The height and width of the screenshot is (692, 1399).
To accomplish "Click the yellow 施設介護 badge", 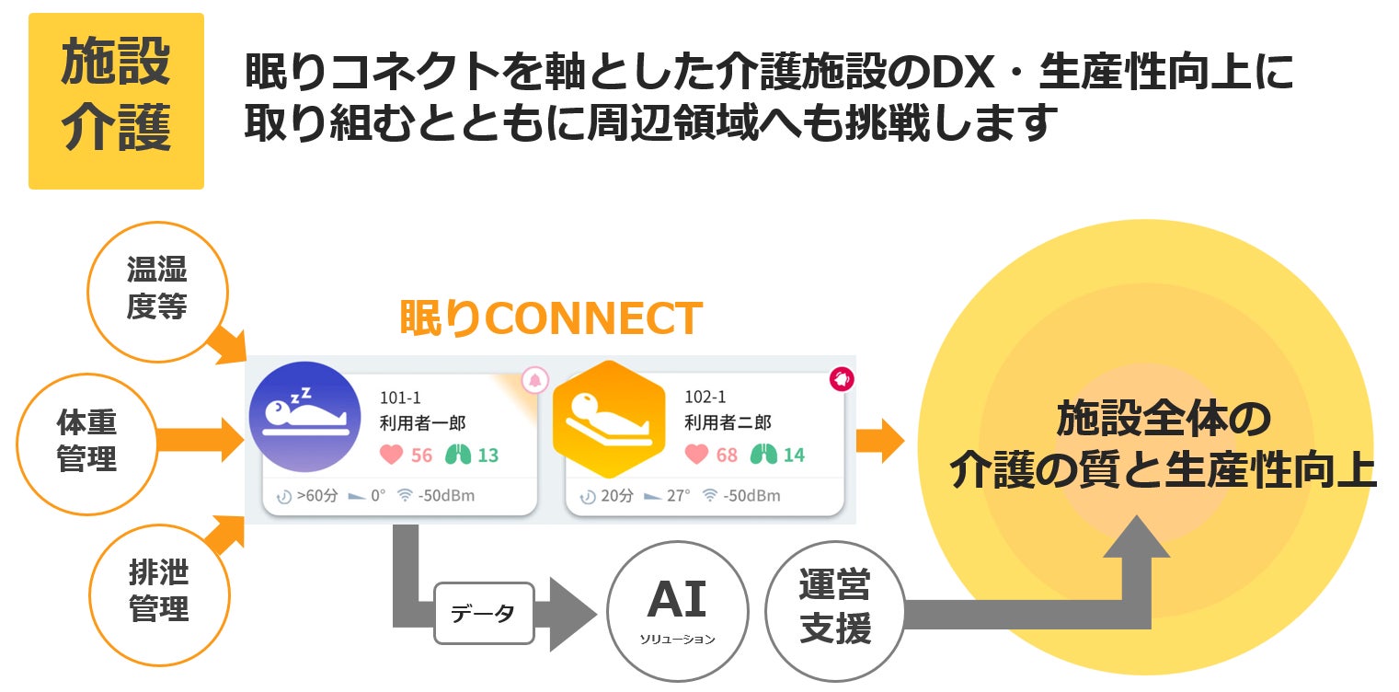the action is point(116,100).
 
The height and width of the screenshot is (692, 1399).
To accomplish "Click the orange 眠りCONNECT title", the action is point(550,318).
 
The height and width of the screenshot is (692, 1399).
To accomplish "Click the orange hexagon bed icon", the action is point(608,420).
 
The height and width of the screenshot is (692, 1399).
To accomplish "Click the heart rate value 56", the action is point(421,455).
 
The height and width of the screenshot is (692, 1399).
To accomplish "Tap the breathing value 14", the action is point(793,455).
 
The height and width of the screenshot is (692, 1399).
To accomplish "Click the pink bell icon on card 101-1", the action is point(535,379).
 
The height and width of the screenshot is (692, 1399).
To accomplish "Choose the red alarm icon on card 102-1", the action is point(841,378).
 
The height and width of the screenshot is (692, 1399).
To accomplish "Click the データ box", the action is point(483,614).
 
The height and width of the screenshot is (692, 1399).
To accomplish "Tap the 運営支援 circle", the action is point(835,610).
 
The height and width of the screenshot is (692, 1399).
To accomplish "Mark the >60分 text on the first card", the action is point(317,496).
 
